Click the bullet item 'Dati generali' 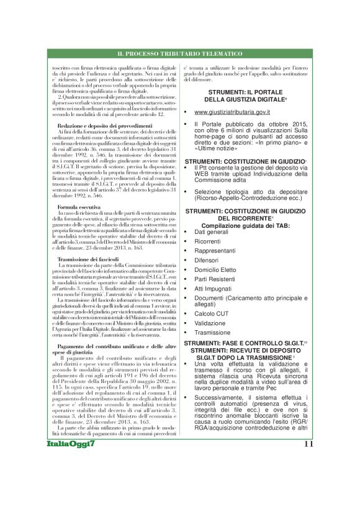coord(212,232)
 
